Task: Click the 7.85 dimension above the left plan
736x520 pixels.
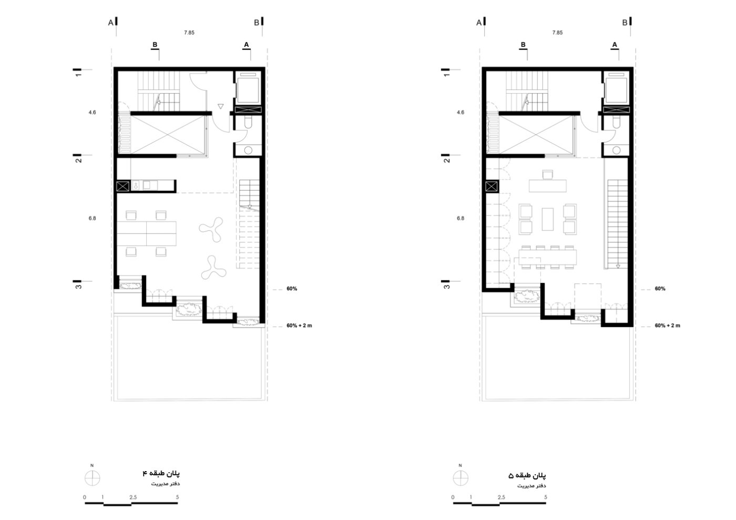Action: pyautogui.click(x=189, y=33)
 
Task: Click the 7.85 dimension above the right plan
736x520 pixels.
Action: pyautogui.click(x=557, y=33)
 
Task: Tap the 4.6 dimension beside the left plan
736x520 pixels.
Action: pyautogui.click(x=93, y=113)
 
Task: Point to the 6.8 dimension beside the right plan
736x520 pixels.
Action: pyautogui.click(x=461, y=218)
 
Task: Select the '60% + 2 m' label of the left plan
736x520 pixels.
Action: pyautogui.click(x=299, y=325)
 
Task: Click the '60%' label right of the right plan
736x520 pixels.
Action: pyautogui.click(x=660, y=289)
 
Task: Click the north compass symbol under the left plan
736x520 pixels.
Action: pyautogui.click(x=93, y=478)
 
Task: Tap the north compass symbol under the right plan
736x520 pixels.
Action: pyautogui.click(x=461, y=478)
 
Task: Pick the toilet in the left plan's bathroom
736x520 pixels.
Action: pyautogui.click(x=248, y=123)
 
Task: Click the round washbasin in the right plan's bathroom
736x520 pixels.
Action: pyautogui.click(x=616, y=150)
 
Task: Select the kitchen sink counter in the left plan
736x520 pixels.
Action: pyautogui.click(x=152, y=186)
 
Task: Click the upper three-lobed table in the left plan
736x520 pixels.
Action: pyautogui.click(x=211, y=229)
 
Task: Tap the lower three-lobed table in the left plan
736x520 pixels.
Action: pyautogui.click(x=213, y=268)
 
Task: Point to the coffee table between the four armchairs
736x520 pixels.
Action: pyautogui.click(x=547, y=219)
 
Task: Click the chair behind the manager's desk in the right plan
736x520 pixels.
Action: pyautogui.click(x=547, y=175)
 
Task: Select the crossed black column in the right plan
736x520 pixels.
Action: pyautogui.click(x=492, y=186)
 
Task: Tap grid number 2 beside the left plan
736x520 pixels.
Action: pyautogui.click(x=78, y=160)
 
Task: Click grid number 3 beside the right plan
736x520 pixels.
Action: pyautogui.click(x=446, y=287)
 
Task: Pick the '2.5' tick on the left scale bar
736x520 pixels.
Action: pyautogui.click(x=133, y=497)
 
